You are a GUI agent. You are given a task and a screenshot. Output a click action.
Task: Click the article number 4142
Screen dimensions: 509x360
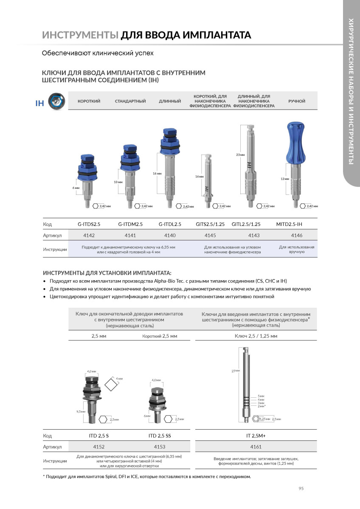89,235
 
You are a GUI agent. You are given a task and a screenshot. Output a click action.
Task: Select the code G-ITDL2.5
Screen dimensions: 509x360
170,224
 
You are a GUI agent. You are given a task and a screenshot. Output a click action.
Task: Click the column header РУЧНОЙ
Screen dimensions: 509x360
296,101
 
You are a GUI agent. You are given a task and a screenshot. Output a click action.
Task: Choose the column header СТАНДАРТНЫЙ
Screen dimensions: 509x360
130,101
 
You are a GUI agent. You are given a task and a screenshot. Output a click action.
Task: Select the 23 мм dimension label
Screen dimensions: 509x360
240,155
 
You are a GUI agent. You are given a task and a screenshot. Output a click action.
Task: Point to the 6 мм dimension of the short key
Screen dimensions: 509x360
76,187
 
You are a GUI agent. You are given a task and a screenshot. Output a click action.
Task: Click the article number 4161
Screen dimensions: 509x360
256,447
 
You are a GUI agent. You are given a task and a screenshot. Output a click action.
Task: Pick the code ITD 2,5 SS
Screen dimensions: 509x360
160,436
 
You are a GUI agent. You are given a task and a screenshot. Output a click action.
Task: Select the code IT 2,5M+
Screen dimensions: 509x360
256,436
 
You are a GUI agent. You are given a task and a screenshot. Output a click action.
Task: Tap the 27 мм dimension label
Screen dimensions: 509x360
236,371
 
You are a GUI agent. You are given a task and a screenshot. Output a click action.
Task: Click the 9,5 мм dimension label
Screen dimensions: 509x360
81,412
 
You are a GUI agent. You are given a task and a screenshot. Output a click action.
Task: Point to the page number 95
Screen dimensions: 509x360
301,489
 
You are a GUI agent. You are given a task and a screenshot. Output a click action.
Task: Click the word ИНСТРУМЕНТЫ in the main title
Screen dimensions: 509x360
80,35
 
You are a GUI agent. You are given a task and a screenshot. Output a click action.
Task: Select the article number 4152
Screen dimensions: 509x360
98,447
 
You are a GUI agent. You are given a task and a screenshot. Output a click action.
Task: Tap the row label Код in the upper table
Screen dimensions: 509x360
48,224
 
